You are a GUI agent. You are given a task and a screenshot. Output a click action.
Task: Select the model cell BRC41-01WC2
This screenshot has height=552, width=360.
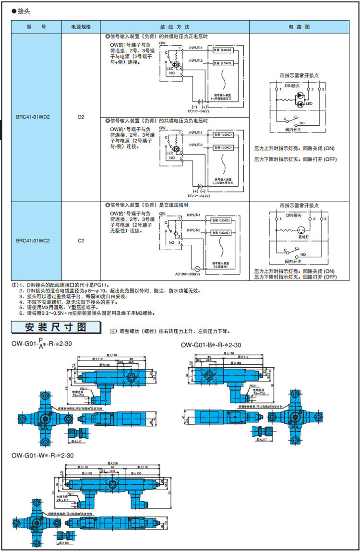(x=33, y=240)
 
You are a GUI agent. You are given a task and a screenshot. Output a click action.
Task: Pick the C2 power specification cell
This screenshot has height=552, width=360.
(x=81, y=240)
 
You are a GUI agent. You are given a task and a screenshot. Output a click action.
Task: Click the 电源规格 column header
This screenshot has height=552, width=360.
(x=81, y=27)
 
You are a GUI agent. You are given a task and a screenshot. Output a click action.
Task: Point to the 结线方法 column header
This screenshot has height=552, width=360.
(x=174, y=27)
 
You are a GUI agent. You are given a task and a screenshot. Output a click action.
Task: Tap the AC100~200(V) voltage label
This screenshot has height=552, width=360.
(x=188, y=275)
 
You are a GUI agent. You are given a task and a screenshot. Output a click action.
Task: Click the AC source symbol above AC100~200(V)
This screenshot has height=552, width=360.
(x=196, y=268)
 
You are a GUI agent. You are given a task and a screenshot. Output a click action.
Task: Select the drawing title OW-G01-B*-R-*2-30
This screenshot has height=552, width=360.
(x=211, y=345)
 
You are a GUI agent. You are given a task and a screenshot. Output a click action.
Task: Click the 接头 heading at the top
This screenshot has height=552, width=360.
(x=23, y=10)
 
